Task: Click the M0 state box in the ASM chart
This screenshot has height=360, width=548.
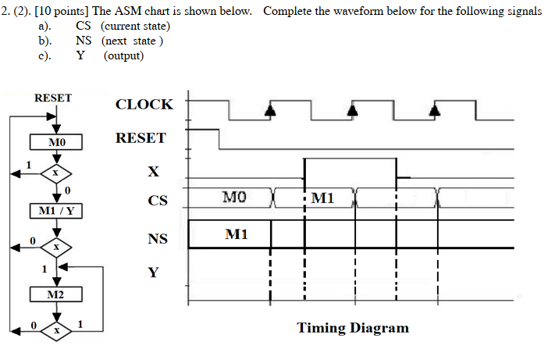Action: click(x=56, y=142)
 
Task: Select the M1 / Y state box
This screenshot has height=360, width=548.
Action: click(x=56, y=211)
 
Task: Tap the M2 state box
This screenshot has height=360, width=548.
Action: click(x=56, y=294)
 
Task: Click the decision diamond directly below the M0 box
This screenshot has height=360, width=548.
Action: click(x=56, y=172)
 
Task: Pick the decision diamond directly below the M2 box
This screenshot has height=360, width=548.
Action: click(x=56, y=330)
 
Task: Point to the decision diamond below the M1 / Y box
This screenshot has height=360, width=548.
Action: click(x=56, y=247)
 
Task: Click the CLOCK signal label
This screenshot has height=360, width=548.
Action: click(x=144, y=104)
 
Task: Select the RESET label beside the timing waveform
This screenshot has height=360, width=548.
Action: click(x=141, y=138)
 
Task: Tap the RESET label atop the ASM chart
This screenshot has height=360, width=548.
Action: click(x=53, y=98)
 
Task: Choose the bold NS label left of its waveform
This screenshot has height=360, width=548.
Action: click(x=158, y=239)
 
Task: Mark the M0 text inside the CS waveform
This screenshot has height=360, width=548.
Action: click(x=234, y=198)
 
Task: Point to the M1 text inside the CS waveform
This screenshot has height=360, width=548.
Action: click(x=322, y=198)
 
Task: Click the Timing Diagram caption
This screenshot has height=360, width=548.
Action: click(x=352, y=327)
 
